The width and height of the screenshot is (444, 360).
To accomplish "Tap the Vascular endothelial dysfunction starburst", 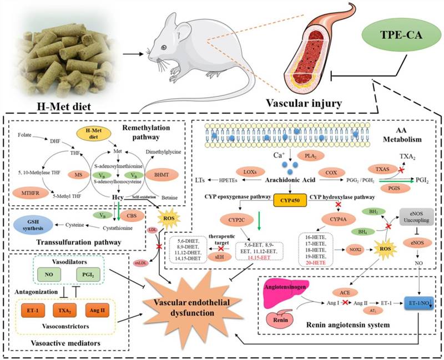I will pyautogui.click(x=200, y=301).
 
